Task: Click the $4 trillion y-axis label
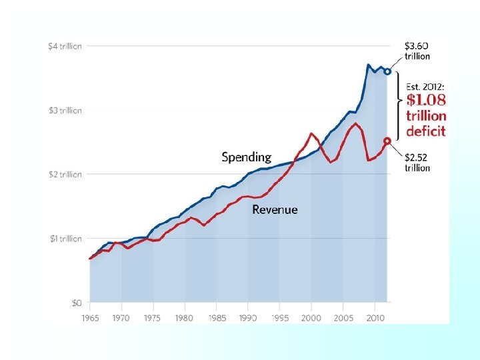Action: (65, 46)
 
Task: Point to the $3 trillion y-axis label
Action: (65, 110)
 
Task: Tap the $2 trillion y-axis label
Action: (65, 174)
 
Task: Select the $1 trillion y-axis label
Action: (65, 238)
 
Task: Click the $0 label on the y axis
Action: (77, 303)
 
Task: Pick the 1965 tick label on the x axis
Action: (90, 318)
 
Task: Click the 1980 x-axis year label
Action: (185, 318)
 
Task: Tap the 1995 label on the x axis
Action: (279, 318)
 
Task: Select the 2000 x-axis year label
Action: (311, 318)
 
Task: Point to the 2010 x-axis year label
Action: (374, 318)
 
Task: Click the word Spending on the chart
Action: (247, 157)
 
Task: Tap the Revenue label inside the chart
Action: (275, 209)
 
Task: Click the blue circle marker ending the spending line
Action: (387, 71)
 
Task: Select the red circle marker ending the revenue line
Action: (387, 141)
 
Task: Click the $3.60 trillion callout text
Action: (421, 51)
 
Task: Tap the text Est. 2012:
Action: (425, 86)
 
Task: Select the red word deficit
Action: (425, 131)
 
